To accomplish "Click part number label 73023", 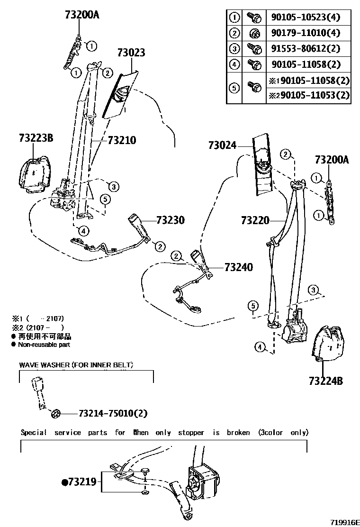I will [128, 52].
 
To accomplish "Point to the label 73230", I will [170, 220].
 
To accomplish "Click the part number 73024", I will [222, 145].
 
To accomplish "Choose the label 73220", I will [255, 220].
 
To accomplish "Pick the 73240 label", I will [238, 268].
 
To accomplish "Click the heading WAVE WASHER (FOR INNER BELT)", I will [76, 365].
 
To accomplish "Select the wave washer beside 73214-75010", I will [55, 414].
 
